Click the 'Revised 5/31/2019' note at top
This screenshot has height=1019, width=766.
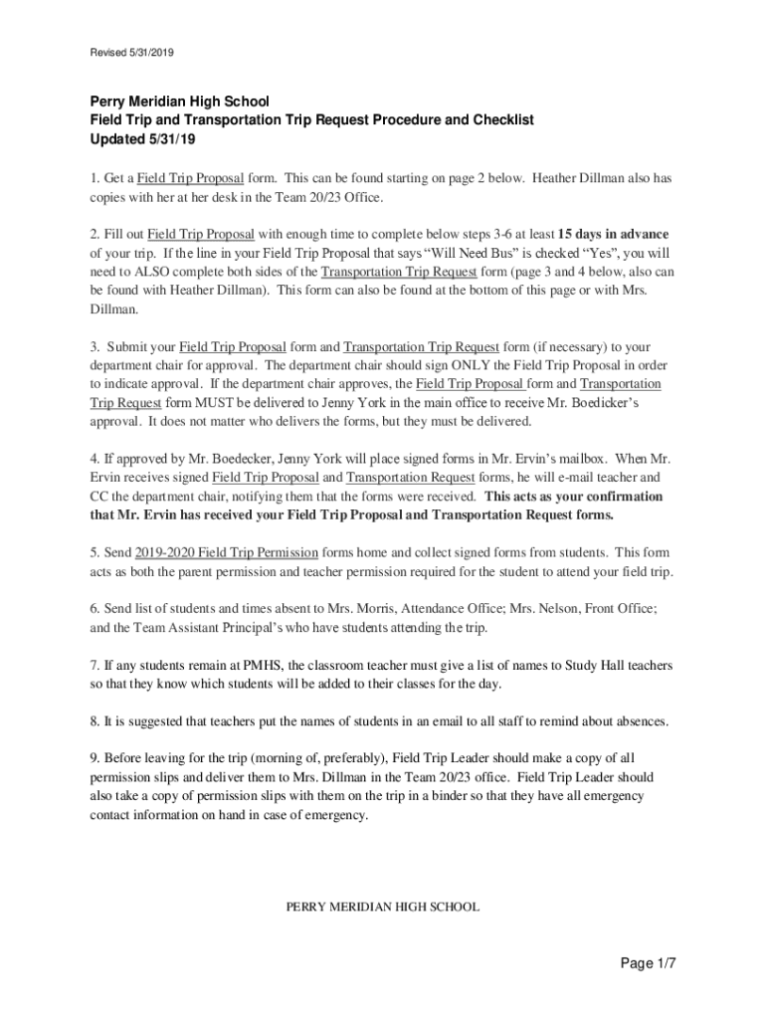[x=132, y=51]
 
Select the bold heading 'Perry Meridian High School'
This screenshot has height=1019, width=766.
[x=180, y=101]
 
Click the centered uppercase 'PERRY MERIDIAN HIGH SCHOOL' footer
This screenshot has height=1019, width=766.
[x=383, y=907]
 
